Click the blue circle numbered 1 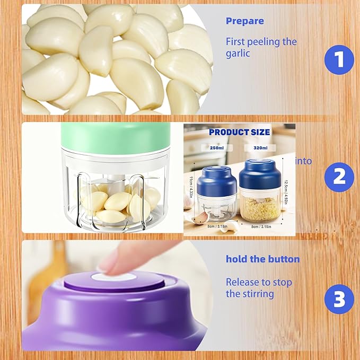point(339,60)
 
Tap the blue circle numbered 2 point(339,177)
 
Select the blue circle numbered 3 point(339,300)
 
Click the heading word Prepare point(245,21)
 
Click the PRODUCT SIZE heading point(239,132)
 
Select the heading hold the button point(262,259)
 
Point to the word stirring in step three point(257,294)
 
